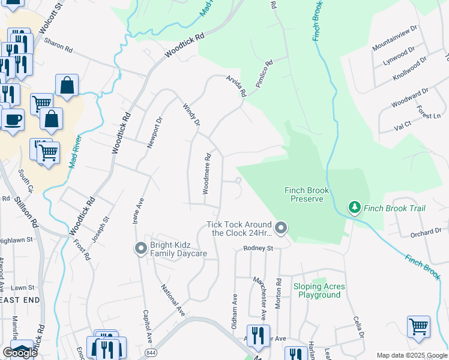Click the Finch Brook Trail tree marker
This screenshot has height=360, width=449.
click(355, 208)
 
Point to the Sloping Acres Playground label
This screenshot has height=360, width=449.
click(319, 290)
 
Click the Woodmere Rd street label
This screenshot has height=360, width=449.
click(206, 173)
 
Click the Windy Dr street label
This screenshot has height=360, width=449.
click(191, 113)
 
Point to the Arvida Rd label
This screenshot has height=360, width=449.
click(237, 86)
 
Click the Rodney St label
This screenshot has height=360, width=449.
click(258, 248)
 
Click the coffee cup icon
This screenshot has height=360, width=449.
click(13, 119)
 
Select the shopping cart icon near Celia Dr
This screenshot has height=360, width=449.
click(418, 327)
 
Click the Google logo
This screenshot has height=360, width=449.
click(20, 353)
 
